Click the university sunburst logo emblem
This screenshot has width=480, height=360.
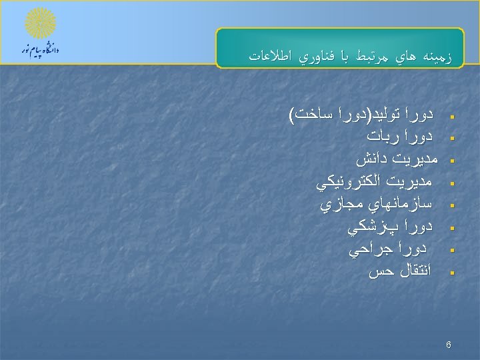click(41, 24)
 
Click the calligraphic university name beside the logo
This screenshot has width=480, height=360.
click(41, 51)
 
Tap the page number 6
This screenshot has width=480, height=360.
click(449, 345)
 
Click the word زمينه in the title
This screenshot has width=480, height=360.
click(435, 57)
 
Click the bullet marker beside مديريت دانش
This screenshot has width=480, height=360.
click(453, 161)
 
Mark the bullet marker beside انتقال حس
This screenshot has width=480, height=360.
click(453, 273)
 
